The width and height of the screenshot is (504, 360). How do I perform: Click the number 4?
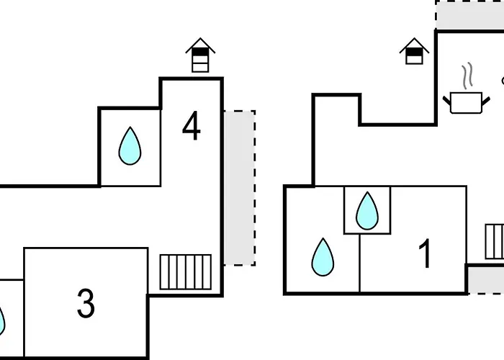[191, 126]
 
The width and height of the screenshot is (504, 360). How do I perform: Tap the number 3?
[86, 303]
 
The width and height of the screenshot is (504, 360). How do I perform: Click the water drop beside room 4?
[130, 145]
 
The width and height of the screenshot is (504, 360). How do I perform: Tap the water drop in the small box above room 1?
[367, 210]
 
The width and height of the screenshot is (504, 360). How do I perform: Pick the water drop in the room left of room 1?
[323, 257]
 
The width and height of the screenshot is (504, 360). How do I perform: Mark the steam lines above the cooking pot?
[467, 75]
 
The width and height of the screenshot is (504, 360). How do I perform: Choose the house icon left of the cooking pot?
[414, 51]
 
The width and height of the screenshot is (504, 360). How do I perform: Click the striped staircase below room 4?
[185, 271]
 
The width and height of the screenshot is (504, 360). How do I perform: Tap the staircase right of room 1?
[495, 241]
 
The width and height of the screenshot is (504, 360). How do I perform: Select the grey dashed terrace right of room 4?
[239, 187]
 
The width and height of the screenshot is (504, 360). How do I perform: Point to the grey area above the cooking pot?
[469, 16]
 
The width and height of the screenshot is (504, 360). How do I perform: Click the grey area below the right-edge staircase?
[485, 279]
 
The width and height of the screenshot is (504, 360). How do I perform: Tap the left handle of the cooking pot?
[446, 98]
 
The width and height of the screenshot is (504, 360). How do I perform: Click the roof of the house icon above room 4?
[200, 47]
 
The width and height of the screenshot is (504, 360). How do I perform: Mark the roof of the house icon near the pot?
[414, 44]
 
